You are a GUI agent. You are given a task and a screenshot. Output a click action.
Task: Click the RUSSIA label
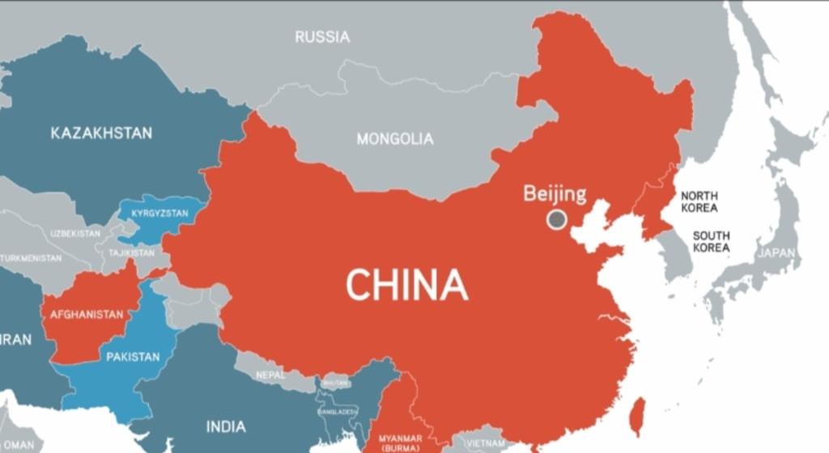(322, 37)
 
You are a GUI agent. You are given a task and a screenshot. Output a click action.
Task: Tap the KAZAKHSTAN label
(101, 133)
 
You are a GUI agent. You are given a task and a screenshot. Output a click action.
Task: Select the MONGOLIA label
(395, 139)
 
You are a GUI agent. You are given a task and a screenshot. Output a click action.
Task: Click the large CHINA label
(407, 285)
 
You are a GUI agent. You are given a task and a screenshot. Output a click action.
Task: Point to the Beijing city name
(555, 193)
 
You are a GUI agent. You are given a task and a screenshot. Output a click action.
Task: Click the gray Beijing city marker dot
(556, 218)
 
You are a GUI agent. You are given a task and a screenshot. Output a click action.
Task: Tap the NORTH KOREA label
(699, 201)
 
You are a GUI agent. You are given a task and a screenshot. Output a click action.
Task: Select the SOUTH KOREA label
(710, 242)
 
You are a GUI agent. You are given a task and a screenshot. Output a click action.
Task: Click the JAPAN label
(776, 253)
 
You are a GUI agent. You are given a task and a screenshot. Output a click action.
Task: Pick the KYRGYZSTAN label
(159, 214)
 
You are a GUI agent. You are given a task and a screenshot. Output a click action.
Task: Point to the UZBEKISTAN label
(75, 234)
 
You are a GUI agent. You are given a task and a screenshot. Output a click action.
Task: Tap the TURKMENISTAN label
(31, 258)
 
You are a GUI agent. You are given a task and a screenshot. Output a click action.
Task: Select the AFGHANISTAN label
(87, 315)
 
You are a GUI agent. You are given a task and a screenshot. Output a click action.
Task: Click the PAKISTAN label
(133, 357)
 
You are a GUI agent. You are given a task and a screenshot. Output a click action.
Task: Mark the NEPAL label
(270, 375)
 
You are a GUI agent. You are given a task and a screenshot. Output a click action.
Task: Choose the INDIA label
(227, 426)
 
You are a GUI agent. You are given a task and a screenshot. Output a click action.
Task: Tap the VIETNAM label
(484, 442)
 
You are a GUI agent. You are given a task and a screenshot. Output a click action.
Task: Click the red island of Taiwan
(638, 413)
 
